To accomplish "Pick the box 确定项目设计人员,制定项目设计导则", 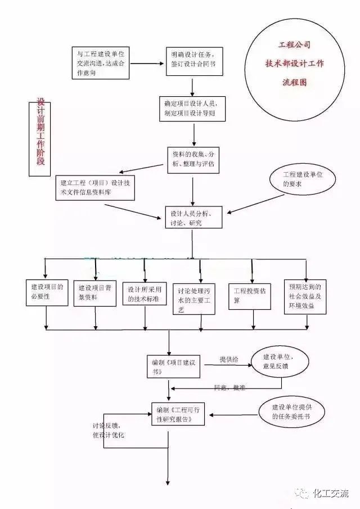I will (193, 109).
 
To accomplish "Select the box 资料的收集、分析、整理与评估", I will (192, 159).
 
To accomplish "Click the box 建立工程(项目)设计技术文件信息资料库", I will (95, 187).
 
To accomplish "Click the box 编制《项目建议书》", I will (174, 366).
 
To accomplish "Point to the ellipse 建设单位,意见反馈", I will (279, 361).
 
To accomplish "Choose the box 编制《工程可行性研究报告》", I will (178, 414).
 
